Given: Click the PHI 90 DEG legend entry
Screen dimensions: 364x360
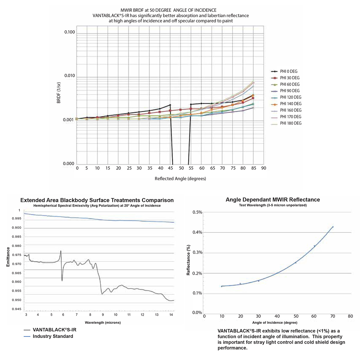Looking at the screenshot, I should [x=289, y=91].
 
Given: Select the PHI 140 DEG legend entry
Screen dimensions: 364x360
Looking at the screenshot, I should [x=290, y=104].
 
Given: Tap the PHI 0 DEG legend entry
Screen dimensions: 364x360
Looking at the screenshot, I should [x=289, y=71].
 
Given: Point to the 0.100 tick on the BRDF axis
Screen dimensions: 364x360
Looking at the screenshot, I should [x=70, y=32].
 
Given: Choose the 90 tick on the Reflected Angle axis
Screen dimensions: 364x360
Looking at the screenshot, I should [x=263, y=168].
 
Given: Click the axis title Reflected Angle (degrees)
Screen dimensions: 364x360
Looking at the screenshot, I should [x=180, y=179].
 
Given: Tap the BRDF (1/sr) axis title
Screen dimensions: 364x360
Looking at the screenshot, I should [x=59, y=93].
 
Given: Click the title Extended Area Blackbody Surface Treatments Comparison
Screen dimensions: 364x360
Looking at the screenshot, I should [x=97, y=200].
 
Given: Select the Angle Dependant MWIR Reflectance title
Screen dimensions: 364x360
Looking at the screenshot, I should [x=273, y=200].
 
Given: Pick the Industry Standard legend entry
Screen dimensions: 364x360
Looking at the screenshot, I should [x=53, y=336].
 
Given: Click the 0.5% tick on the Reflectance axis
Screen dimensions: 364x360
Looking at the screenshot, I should [x=197, y=212].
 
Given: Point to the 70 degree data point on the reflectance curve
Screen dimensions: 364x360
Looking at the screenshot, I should [x=333, y=227].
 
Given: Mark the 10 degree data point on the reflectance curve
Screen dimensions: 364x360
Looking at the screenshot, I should [x=222, y=286].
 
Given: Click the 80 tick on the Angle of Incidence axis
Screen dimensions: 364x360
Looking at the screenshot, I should [x=350, y=316].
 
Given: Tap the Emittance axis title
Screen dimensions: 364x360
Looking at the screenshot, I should [x=8, y=257].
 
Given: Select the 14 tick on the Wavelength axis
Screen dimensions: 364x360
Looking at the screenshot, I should [x=171, y=315].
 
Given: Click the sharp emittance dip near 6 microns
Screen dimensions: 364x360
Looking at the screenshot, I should [x=62, y=281].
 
